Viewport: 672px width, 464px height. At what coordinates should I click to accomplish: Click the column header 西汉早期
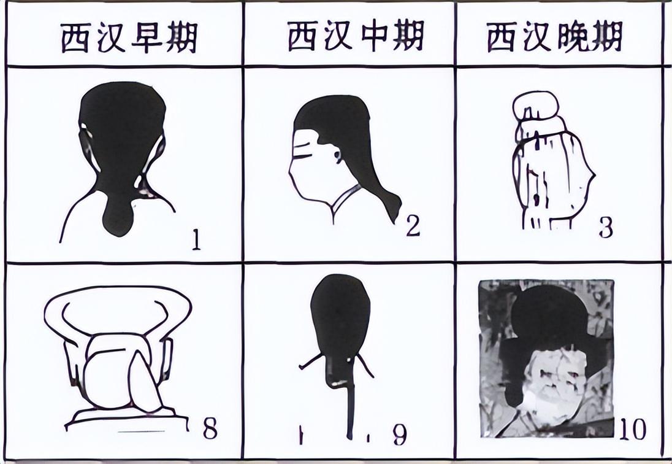(x=129, y=37)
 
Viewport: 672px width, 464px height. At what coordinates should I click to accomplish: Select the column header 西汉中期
(x=356, y=36)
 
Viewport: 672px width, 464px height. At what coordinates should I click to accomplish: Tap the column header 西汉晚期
(x=554, y=37)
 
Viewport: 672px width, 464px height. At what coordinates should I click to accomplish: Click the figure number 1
(x=196, y=240)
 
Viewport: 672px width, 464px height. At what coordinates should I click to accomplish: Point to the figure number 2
(x=413, y=226)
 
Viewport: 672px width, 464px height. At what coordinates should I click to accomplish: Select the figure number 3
(x=606, y=228)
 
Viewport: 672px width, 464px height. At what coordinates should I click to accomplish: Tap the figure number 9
(x=399, y=435)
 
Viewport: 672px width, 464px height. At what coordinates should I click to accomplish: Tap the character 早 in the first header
(x=147, y=38)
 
